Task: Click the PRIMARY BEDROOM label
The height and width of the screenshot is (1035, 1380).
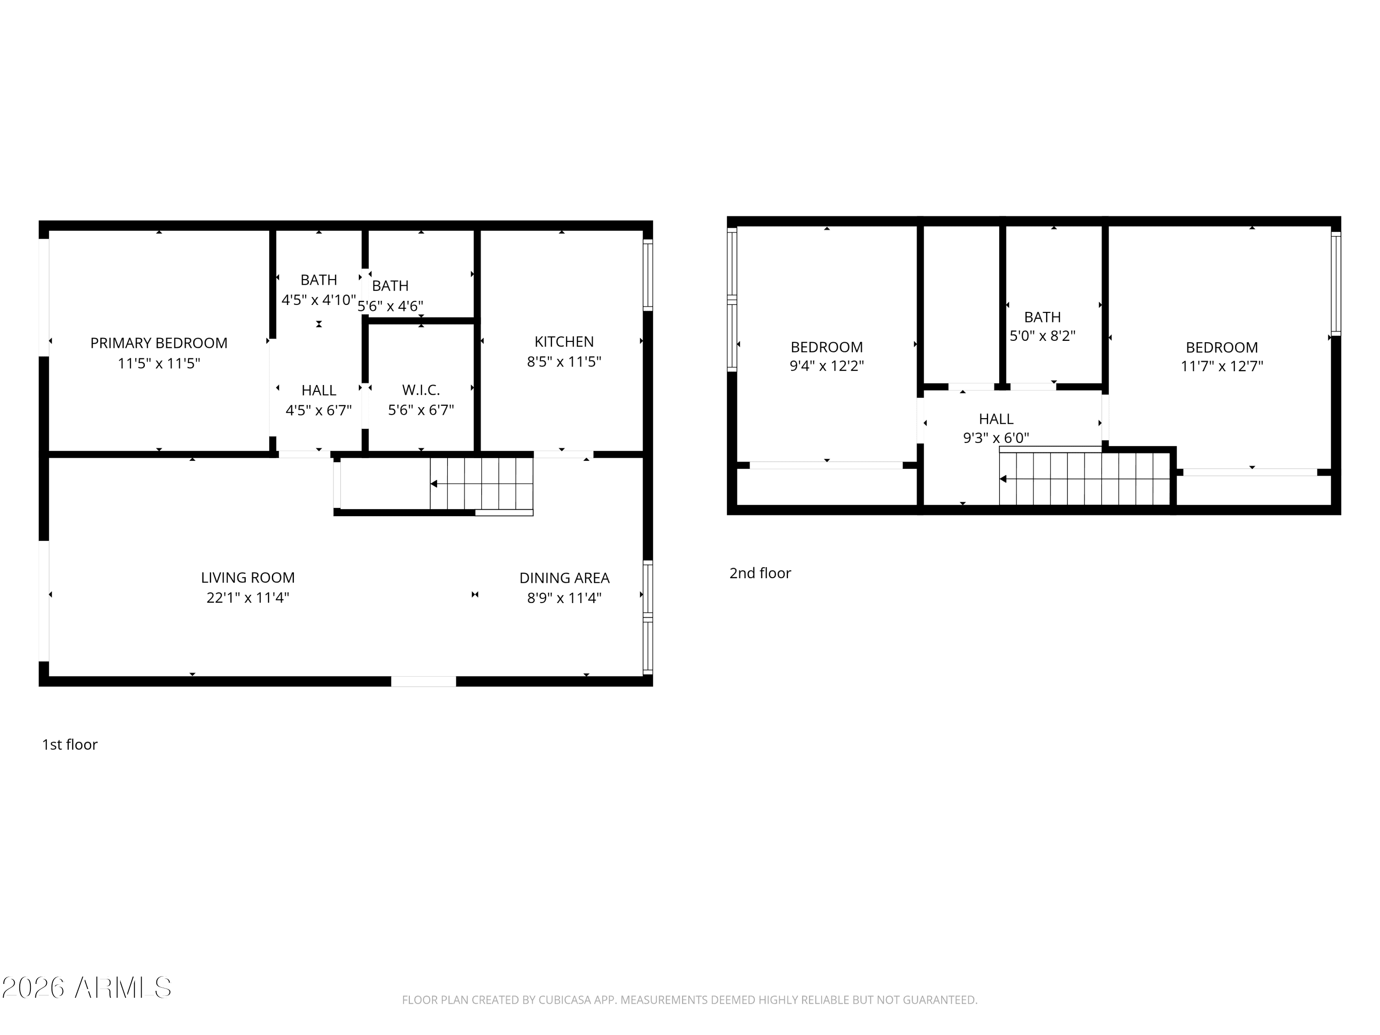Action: click(x=159, y=343)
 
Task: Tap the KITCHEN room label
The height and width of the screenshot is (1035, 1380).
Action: click(x=564, y=342)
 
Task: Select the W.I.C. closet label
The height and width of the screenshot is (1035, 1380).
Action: click(x=421, y=390)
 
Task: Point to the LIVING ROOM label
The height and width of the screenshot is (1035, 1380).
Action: click(x=247, y=578)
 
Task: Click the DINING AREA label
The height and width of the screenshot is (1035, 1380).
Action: click(x=564, y=578)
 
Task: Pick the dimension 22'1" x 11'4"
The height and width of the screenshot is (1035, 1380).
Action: click(x=247, y=598)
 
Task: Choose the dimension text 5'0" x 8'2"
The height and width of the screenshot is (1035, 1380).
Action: click(x=1042, y=336)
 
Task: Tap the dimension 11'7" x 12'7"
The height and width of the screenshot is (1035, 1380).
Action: click(x=1222, y=366)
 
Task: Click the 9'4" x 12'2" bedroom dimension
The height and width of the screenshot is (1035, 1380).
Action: click(x=827, y=366)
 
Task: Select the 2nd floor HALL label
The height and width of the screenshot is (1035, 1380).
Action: click(x=996, y=419)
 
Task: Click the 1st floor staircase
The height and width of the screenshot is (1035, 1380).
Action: click(x=482, y=484)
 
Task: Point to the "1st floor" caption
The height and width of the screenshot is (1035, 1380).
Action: click(x=70, y=744)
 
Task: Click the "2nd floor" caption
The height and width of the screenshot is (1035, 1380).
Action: click(x=760, y=573)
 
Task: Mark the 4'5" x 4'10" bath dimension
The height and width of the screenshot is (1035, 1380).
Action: click(x=319, y=300)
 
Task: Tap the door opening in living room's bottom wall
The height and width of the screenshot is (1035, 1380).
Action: click(x=424, y=681)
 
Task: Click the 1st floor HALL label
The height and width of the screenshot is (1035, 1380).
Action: click(x=319, y=391)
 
